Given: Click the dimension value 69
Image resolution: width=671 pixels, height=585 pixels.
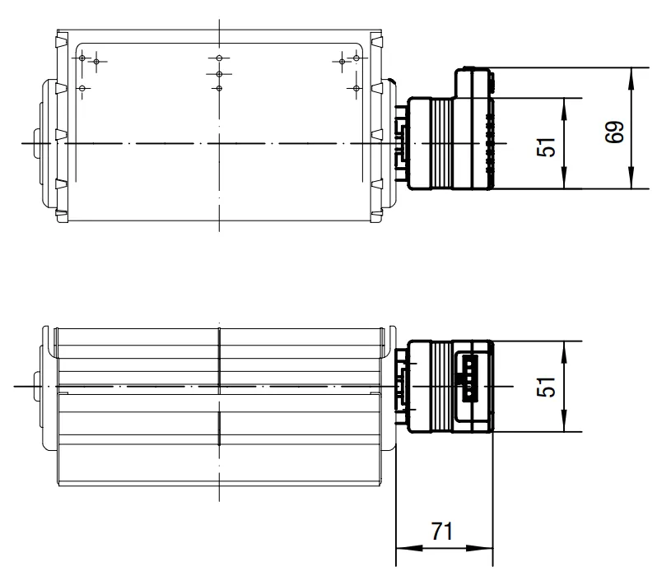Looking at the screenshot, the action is pos(615,132).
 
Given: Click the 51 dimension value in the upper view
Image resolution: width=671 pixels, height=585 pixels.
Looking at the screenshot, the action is pos(547,147).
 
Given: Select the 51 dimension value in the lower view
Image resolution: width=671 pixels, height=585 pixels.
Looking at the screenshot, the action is pos(547,387).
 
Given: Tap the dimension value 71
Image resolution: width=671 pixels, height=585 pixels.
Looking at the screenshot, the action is pos(442,532).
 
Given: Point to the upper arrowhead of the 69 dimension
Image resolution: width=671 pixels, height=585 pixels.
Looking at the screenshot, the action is pos(631,79).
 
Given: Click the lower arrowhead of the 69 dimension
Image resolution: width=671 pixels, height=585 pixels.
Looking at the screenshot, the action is pos(631,178).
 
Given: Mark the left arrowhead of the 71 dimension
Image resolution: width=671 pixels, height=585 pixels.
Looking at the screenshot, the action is pos(409,548).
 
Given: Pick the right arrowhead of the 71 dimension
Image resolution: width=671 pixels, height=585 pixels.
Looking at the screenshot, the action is pos(480,548).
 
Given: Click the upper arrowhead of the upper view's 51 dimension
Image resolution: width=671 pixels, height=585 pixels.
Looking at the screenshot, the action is pos(564,109).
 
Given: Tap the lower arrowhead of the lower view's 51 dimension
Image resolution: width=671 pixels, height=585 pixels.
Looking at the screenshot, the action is pos(564,420).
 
